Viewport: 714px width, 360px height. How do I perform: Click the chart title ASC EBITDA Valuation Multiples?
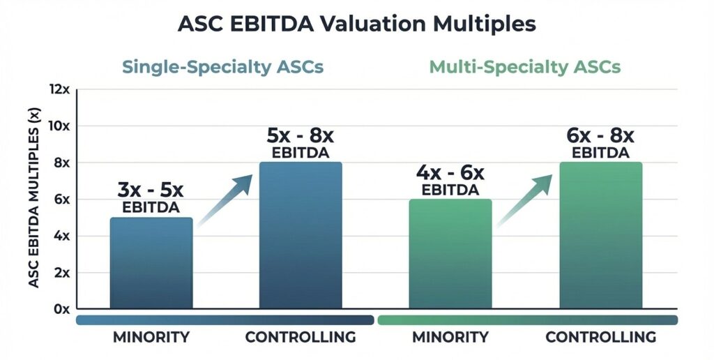[x=357, y=24]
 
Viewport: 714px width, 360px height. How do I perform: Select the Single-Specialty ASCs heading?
[x=222, y=68]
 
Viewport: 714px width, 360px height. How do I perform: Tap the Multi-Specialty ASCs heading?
[x=525, y=68]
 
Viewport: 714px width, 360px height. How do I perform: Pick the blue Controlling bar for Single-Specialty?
[x=301, y=236]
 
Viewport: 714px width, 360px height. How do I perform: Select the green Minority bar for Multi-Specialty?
[x=450, y=254]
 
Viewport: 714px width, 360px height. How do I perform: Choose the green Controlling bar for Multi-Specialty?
[x=600, y=236]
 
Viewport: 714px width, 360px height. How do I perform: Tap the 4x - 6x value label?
[x=450, y=172]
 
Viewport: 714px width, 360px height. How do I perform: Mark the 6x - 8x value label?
[x=600, y=135]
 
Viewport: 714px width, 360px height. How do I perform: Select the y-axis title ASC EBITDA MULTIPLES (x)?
[x=33, y=199]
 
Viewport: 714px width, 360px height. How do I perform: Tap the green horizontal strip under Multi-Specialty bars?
[x=527, y=320]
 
